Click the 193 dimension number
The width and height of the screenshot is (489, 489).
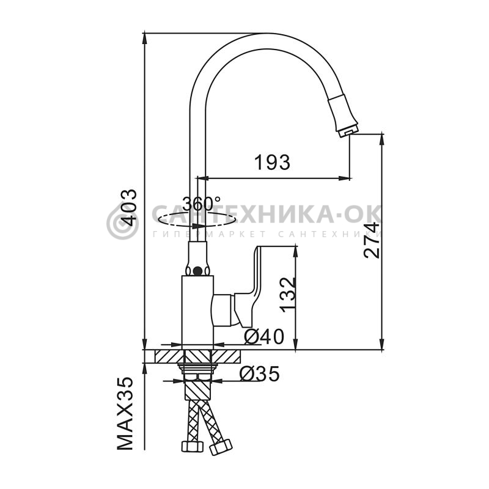(272, 163)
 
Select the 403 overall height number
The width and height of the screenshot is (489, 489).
(128, 208)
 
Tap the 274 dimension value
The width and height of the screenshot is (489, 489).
(372, 240)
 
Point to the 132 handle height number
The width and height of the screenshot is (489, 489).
(287, 295)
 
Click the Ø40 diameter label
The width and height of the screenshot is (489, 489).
(264, 337)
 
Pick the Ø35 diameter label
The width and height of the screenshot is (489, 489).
(259, 374)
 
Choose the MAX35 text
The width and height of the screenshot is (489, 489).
(125, 413)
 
